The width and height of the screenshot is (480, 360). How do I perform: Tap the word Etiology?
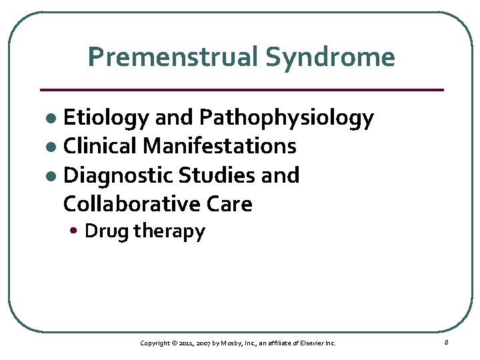[106, 118]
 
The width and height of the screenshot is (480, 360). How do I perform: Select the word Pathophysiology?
[287, 118]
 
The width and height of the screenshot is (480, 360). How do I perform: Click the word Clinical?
[101, 145]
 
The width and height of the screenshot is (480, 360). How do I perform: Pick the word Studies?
[217, 175]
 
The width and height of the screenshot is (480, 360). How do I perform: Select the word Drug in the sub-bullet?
[107, 232]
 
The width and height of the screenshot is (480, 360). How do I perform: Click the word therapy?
[169, 232]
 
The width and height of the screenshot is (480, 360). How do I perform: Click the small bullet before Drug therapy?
[77, 232]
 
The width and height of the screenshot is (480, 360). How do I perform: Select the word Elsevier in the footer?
[312, 343]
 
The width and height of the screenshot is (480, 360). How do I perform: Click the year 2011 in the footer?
[187, 343]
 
